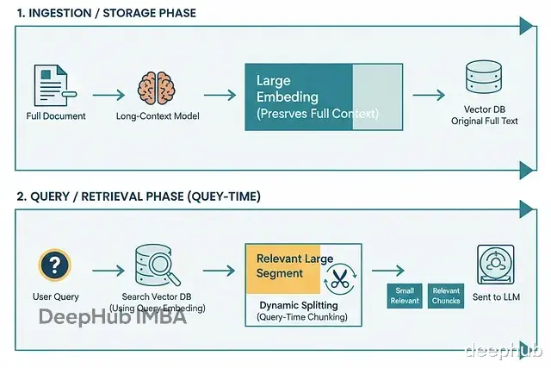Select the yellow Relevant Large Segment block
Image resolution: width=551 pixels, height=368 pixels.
pyautogui.click(x=282, y=266)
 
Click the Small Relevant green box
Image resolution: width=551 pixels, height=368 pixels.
pyautogui.click(x=404, y=296)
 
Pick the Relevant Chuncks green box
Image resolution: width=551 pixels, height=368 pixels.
pyautogui.click(x=446, y=296)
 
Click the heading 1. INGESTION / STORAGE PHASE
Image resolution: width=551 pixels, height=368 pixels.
pyautogui.click(x=107, y=13)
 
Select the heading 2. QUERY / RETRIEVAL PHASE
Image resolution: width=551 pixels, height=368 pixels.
pyautogui.click(x=139, y=196)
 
